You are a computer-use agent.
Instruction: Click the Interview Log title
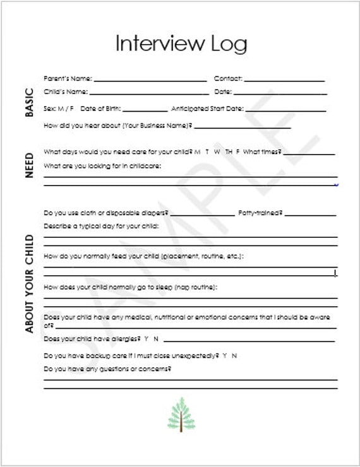(181, 44)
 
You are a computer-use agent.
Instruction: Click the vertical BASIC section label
(29, 102)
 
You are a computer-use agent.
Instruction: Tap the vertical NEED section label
(29, 165)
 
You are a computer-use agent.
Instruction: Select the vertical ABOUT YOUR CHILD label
(29, 283)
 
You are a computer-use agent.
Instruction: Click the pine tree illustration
(181, 414)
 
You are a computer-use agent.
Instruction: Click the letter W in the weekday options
(217, 152)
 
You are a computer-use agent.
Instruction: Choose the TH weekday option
(228, 152)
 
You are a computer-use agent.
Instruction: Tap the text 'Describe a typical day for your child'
(101, 225)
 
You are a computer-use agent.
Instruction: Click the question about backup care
(131, 356)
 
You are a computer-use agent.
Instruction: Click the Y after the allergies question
(146, 339)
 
